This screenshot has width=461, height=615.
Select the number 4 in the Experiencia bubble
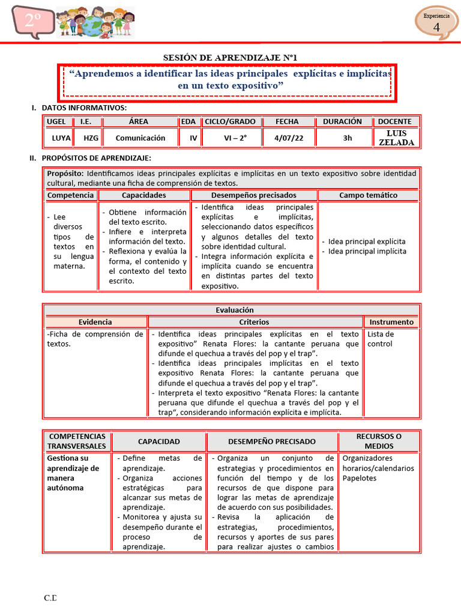point(436,27)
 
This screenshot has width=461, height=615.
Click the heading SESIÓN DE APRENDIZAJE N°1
point(230,57)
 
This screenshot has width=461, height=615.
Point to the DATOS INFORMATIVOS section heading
point(84,108)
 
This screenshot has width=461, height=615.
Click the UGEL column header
point(56,121)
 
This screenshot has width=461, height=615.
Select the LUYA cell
point(61,138)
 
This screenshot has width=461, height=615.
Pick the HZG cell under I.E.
point(91,138)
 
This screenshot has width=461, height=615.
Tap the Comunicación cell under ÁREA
point(140,138)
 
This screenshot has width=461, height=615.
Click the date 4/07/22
point(289,138)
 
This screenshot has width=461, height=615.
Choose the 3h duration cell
point(348,138)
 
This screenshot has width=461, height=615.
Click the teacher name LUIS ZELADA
point(396,138)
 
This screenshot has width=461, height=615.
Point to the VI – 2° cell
point(235,138)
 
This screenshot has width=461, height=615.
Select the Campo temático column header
point(368,195)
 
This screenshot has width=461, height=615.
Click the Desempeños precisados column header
point(254,195)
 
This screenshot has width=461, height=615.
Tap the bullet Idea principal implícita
point(367,251)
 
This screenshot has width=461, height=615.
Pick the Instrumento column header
point(391,322)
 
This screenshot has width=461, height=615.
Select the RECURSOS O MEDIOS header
point(379,441)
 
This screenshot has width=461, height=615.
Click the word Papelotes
point(360,478)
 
